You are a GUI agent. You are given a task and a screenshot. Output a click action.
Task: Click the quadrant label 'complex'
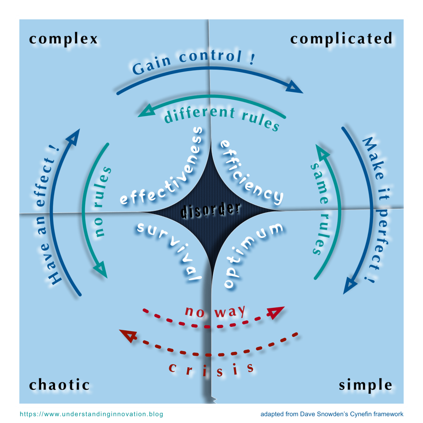(x=63, y=39)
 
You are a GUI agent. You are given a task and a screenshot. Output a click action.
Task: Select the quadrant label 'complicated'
(x=341, y=39)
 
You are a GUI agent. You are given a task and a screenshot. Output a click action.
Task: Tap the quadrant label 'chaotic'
(x=60, y=385)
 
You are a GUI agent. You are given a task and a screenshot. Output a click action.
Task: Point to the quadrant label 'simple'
(x=365, y=385)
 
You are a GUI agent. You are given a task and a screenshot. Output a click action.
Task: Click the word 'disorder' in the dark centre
(x=211, y=210)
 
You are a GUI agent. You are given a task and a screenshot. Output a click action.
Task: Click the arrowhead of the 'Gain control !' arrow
(x=295, y=87)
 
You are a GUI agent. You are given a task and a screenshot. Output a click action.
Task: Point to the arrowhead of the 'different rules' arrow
(x=146, y=111)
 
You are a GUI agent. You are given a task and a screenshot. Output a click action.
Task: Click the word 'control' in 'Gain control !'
(x=210, y=57)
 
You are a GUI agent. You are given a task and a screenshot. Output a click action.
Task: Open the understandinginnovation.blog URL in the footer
(x=91, y=414)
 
